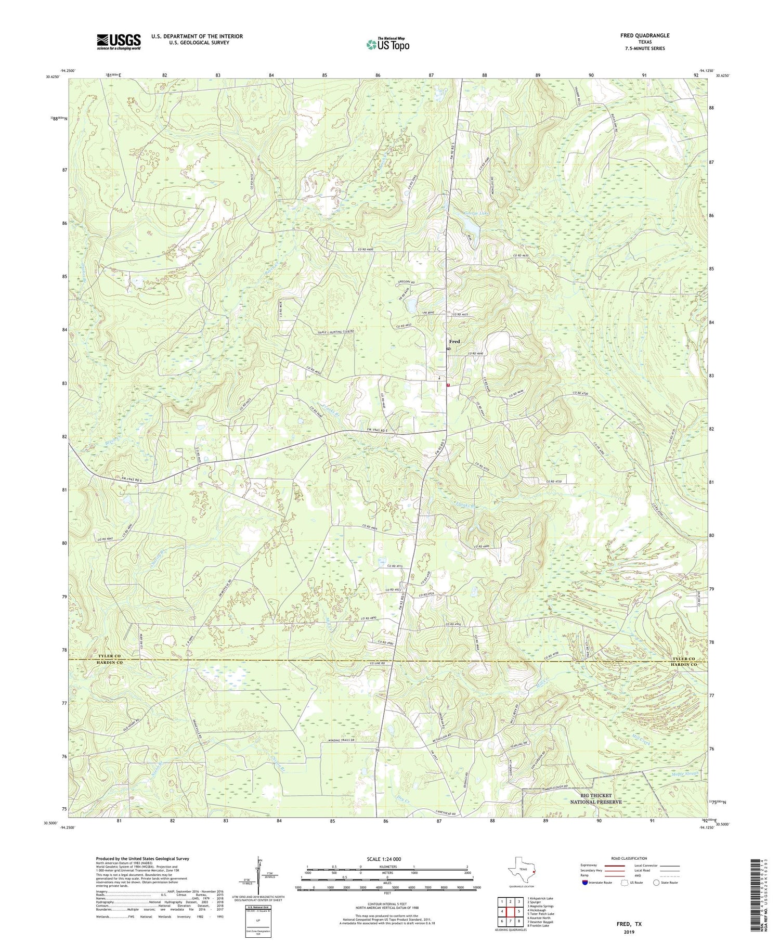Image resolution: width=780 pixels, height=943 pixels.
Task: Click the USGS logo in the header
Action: click(x=119, y=42)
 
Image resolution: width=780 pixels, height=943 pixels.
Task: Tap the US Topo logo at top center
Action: click(x=387, y=44)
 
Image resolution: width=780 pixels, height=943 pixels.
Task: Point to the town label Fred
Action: click(x=454, y=341)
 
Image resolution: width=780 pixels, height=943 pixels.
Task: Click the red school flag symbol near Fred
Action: click(x=448, y=385)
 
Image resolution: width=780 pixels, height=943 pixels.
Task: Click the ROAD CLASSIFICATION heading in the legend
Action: click(x=629, y=858)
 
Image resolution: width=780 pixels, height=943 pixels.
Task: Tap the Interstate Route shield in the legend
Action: click(x=586, y=883)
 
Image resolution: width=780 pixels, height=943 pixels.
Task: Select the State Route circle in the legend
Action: click(x=657, y=883)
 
